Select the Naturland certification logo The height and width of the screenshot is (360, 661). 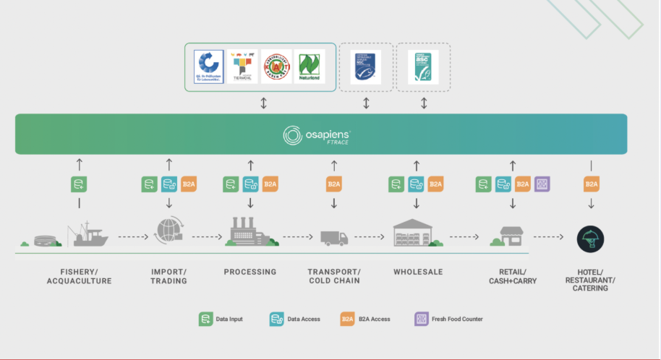(308, 67)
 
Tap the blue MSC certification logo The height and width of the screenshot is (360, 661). (366, 67)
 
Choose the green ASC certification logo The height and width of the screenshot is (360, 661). (423, 67)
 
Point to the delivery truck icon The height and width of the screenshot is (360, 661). (334, 236)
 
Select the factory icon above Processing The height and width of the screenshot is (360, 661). (250, 232)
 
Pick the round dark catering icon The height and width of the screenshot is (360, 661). (591, 238)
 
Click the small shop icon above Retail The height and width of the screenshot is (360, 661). (512, 236)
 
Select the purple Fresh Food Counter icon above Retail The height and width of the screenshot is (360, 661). (542, 184)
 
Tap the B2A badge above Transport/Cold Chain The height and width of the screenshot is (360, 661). (334, 184)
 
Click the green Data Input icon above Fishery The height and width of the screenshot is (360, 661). (79, 184)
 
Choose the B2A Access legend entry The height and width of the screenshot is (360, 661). (365, 318)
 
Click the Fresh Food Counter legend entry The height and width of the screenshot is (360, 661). (448, 318)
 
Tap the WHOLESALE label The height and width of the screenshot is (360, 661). (418, 273)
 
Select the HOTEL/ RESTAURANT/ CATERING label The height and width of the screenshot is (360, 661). (592, 280)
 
